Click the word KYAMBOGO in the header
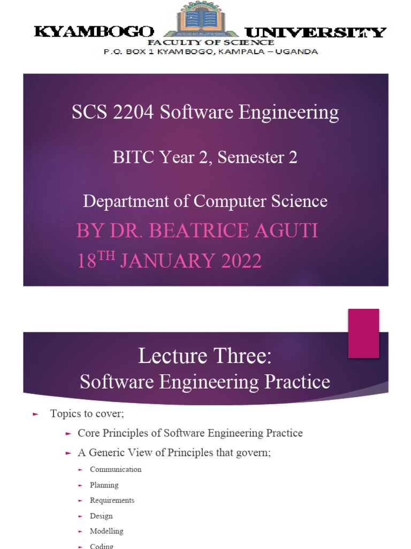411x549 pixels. (x=94, y=32)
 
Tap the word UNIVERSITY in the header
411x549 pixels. (x=315, y=32)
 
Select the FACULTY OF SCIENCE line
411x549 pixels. (x=211, y=42)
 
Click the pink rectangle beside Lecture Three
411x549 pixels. (x=363, y=333)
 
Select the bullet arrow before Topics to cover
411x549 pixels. (x=36, y=414)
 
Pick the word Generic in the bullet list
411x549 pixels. (x=105, y=452)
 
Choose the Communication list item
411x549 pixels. (x=116, y=470)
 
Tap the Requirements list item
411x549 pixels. (x=112, y=500)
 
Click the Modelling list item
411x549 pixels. (x=106, y=531)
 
